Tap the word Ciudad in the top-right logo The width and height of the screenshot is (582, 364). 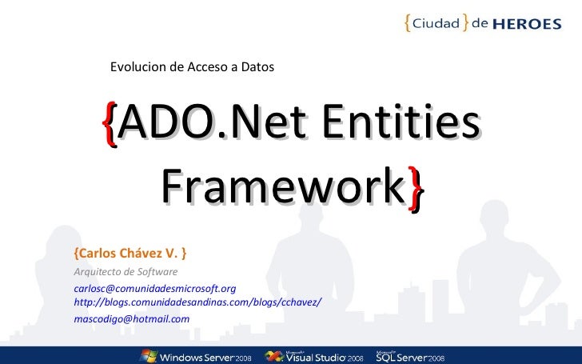click(x=436, y=23)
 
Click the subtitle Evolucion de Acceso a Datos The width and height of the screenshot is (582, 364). click(x=192, y=67)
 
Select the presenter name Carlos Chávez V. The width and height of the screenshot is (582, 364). click(x=130, y=254)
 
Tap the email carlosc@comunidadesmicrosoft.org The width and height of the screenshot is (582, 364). click(x=154, y=287)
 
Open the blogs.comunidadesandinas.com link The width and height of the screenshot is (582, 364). click(x=197, y=301)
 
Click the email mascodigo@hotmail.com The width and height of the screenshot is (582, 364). click(x=131, y=318)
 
